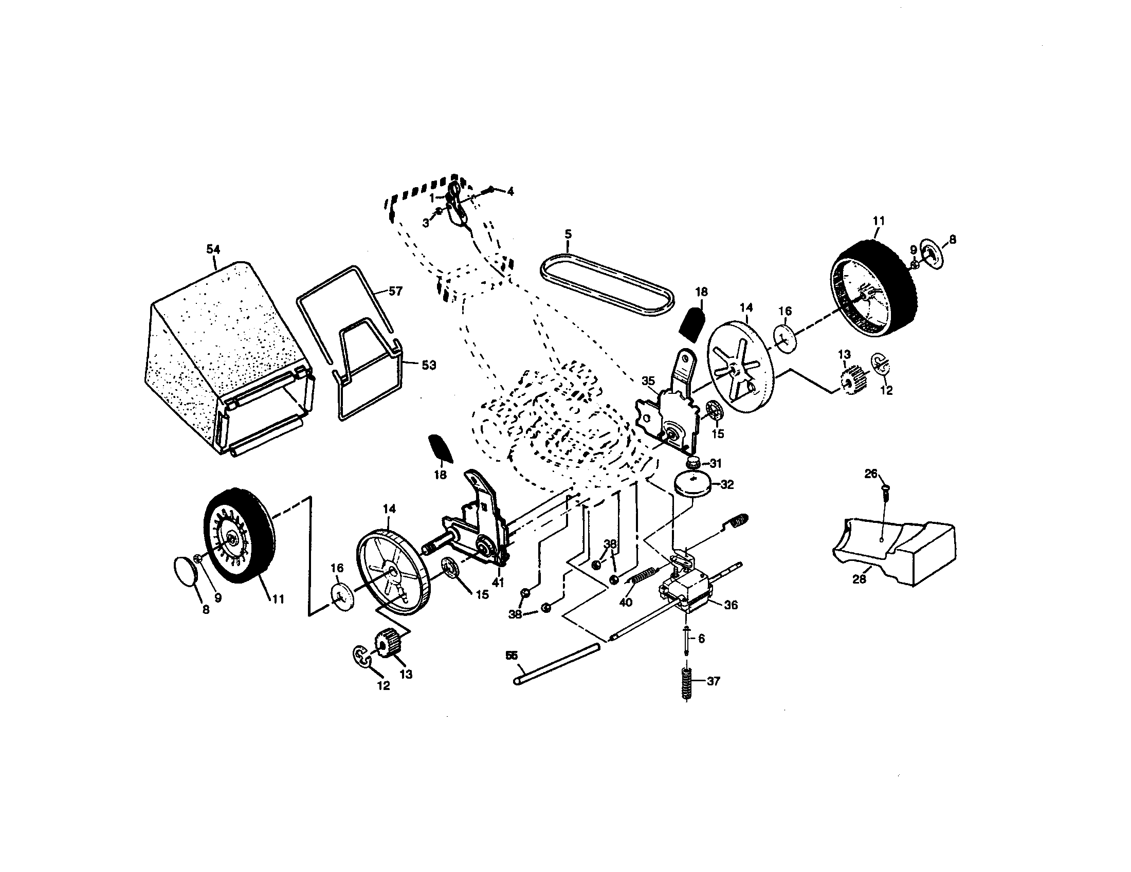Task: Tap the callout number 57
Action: pos(395,292)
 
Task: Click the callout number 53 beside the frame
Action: pos(428,365)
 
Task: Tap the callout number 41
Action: pos(498,583)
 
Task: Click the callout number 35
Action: pos(648,381)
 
